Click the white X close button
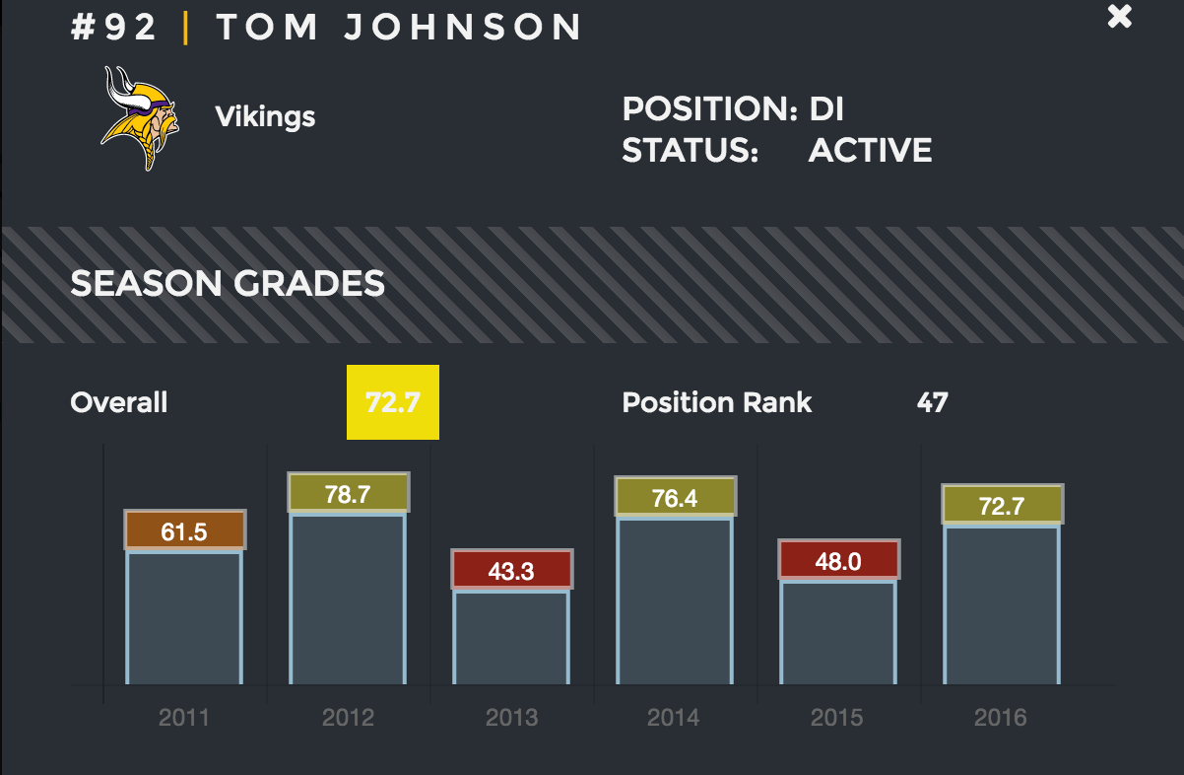1120,17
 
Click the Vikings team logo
140,117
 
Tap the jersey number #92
114,28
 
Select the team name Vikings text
265,117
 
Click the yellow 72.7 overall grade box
392,402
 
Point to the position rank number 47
932,402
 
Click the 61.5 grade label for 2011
184,531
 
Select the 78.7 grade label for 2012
348,494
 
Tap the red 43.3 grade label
511,570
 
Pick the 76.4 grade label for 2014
675,498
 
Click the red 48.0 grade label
838,560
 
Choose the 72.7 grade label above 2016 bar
1002,506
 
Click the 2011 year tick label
184,717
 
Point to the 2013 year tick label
511,717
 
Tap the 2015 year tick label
837,717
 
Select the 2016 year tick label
1001,717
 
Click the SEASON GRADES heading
228,284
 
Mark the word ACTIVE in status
870,151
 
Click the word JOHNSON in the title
463,28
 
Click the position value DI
826,108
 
